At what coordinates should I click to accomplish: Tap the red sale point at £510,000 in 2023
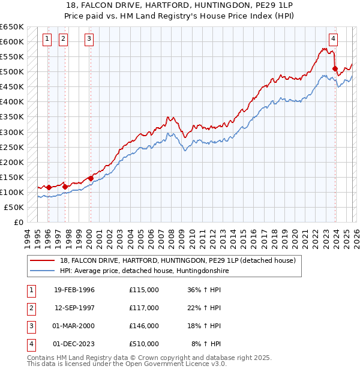click(x=335, y=68)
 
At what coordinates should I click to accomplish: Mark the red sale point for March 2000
click(x=90, y=178)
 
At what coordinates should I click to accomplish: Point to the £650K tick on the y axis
click(x=12, y=27)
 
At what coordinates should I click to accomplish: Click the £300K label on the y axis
click(x=12, y=132)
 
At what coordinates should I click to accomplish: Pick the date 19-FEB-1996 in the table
click(x=74, y=290)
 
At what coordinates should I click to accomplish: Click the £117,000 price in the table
click(x=143, y=308)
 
